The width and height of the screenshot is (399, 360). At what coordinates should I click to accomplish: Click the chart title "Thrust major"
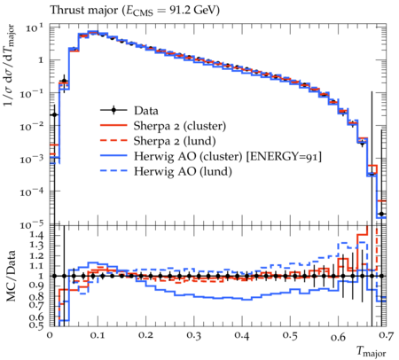point(84,11)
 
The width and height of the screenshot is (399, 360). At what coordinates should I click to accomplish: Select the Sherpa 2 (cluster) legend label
point(180,126)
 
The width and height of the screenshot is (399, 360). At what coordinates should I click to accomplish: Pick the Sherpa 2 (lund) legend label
point(175,141)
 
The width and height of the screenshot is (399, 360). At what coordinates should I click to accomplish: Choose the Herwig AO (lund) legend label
point(183,171)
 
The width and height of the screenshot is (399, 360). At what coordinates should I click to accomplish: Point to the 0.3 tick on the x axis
point(194,335)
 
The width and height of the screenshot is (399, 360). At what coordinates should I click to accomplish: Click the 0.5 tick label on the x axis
point(290,335)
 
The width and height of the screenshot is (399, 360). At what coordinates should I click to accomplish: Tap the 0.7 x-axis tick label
point(386,335)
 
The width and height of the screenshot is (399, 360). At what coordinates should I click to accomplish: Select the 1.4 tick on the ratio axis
point(36,236)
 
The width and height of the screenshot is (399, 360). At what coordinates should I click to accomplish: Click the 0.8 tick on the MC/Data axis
point(36,296)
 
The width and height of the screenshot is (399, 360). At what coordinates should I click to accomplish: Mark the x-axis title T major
point(372,351)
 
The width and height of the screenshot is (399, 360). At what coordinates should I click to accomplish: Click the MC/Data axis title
point(11,276)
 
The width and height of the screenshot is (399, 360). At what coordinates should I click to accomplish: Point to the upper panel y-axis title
point(10,66)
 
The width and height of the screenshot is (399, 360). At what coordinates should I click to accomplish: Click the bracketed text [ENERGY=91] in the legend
point(284,156)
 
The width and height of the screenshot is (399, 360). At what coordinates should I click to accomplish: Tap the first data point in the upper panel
point(54,114)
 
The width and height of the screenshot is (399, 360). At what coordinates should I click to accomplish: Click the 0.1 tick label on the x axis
point(98,335)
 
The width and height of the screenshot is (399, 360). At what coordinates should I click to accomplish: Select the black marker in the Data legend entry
point(113,111)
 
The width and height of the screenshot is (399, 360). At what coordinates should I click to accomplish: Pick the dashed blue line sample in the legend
point(113,171)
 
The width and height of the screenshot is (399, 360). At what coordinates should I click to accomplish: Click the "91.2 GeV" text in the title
point(194,11)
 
